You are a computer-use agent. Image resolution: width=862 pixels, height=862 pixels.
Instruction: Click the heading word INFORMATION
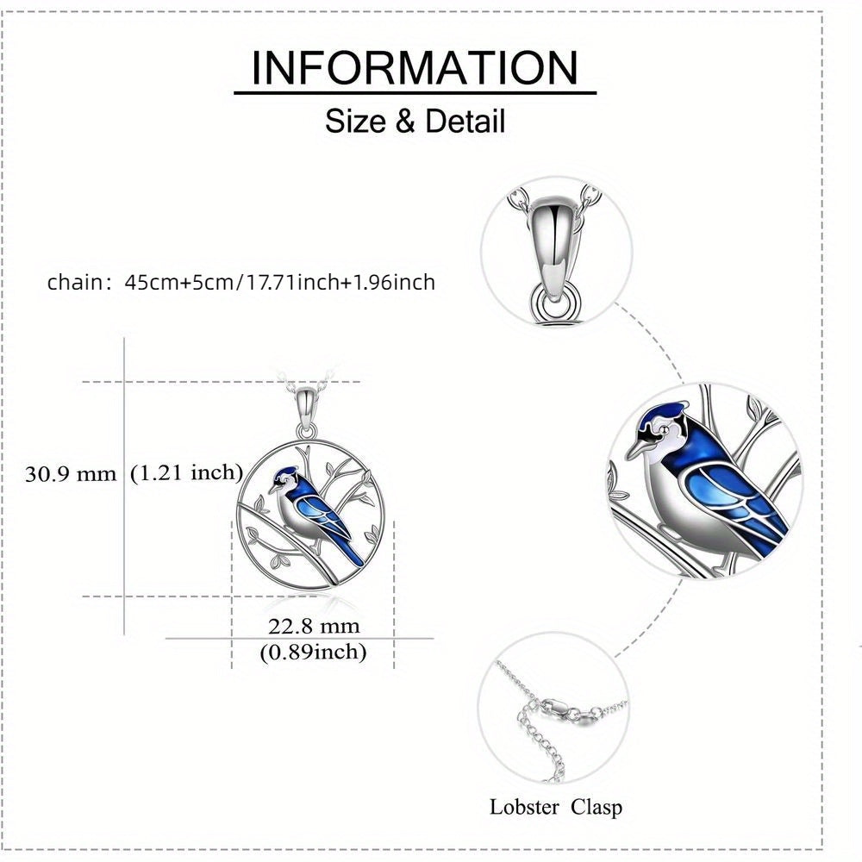[415, 67]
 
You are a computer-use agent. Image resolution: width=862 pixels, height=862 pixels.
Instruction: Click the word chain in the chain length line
[72, 282]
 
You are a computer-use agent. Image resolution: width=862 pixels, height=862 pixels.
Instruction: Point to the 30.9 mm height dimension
[71, 474]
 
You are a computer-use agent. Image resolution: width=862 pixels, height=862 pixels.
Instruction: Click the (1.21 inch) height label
[186, 472]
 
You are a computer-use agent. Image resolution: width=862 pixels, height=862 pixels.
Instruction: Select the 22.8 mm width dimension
[314, 626]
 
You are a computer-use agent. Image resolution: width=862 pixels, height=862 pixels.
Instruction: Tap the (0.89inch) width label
[313, 652]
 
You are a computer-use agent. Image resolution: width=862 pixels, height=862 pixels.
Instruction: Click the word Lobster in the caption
[524, 807]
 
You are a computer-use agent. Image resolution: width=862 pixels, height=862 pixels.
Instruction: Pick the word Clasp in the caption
[597, 808]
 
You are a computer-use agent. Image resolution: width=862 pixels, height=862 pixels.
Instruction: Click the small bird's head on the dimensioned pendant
[284, 480]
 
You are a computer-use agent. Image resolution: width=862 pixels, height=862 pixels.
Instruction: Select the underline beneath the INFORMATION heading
[415, 93]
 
